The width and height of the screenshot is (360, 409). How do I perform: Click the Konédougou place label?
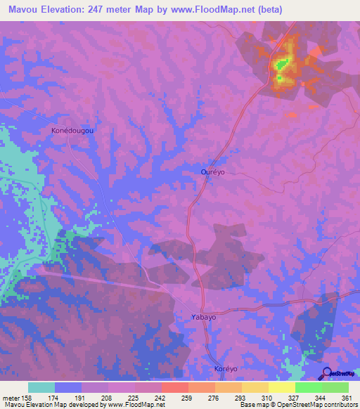(72, 130)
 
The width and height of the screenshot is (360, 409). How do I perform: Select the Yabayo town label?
(204, 317)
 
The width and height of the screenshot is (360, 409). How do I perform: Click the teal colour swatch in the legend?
(41, 387)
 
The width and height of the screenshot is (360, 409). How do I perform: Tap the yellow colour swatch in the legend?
(282, 387)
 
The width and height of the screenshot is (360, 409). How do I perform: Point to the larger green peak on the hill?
(281, 65)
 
